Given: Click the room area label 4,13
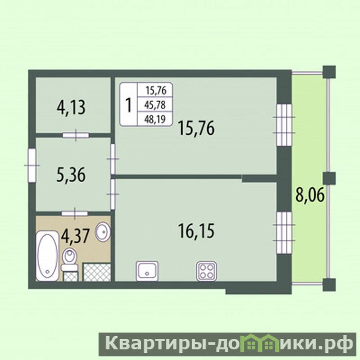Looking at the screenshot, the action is (x=71, y=108).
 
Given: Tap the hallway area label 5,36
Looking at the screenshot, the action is (x=71, y=175).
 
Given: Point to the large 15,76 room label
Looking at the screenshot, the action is (x=196, y=128).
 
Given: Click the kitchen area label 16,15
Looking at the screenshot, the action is (x=196, y=231).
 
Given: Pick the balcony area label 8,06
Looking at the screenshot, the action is (x=310, y=195).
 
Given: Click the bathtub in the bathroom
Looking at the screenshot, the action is (x=48, y=256).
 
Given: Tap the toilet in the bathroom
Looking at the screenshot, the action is (x=69, y=260).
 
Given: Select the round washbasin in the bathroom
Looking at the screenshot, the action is (x=103, y=232).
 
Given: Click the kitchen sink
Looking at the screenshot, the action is (x=147, y=271).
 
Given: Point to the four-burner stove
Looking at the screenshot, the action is (x=207, y=271).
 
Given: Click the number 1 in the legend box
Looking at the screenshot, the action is (x=129, y=105).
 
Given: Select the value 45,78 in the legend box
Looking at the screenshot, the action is (x=155, y=105).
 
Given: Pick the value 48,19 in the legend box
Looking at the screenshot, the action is (x=155, y=119).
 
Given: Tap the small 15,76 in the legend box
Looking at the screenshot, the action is (x=156, y=91).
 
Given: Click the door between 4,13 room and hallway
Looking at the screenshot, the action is (x=76, y=135).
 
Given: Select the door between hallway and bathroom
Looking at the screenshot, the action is (x=75, y=213).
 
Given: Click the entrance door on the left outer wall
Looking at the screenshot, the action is (x=32, y=165).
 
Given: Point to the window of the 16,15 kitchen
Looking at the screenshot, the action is (x=284, y=232).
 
